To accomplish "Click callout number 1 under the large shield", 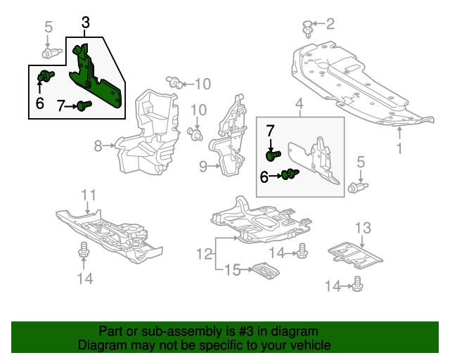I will click(x=399, y=148).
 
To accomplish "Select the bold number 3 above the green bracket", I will click(x=85, y=23).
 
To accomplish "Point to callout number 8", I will click(x=98, y=146).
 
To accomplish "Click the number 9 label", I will click(x=202, y=167).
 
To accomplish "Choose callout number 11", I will click(x=87, y=194).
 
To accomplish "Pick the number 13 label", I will click(x=361, y=227).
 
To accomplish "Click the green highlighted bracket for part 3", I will click(x=98, y=81).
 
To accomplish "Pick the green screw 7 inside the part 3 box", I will click(x=84, y=106).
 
